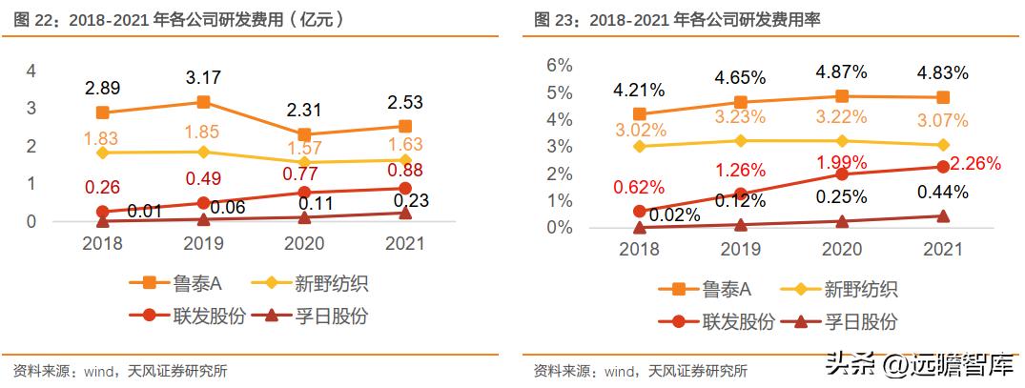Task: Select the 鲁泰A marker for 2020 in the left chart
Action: pos(303,135)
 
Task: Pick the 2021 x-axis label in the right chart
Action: pos(942,249)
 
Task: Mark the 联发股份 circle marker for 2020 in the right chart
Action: pos(841,174)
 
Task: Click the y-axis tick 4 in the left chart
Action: pos(31,71)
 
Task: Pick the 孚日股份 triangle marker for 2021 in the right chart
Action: pos(942,216)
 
